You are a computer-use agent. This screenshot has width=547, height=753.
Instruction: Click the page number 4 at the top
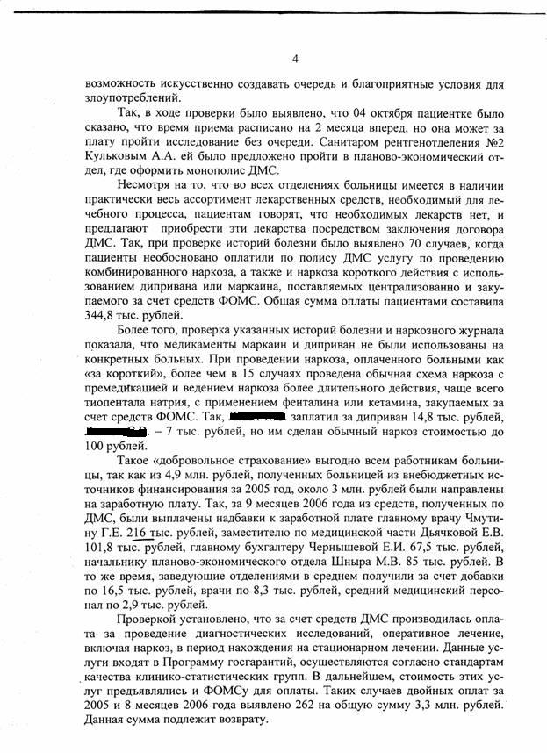point(295,59)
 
